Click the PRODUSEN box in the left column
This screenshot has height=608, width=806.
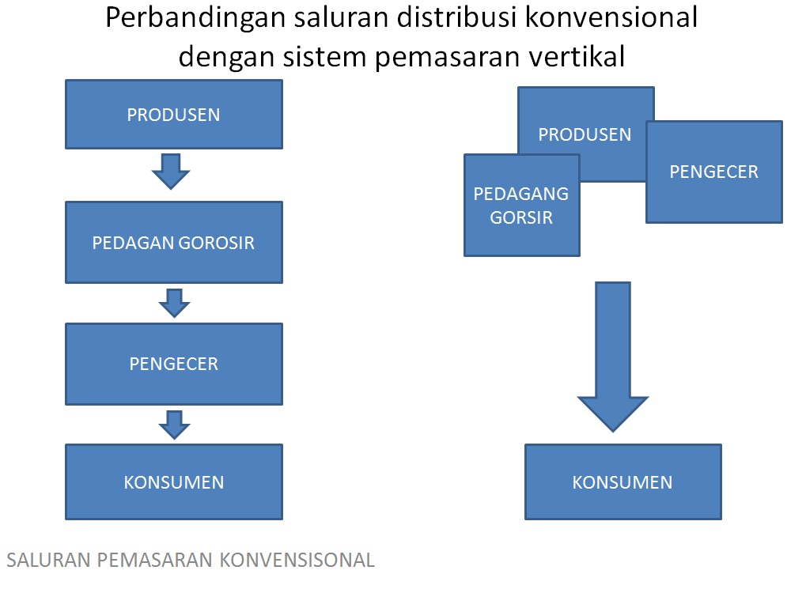[x=173, y=115]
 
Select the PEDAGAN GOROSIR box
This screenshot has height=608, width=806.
[x=173, y=242]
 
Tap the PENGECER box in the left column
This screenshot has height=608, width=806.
[x=173, y=364]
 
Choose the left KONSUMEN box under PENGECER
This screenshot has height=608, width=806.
[x=173, y=481]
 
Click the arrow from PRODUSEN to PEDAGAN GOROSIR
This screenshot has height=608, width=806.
[x=171, y=171]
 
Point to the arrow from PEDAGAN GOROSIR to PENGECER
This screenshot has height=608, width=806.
[x=174, y=303]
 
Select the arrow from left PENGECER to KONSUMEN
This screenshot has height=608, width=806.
[x=174, y=424]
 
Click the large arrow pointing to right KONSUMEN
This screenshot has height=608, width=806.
[x=613, y=356]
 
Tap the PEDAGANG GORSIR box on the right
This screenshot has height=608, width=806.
[x=521, y=206]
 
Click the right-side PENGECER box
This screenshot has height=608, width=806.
[x=713, y=172]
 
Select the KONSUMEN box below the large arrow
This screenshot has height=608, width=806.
[x=622, y=481]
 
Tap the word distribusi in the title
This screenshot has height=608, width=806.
[x=459, y=17]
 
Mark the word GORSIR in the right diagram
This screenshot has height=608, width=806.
[x=521, y=217]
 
